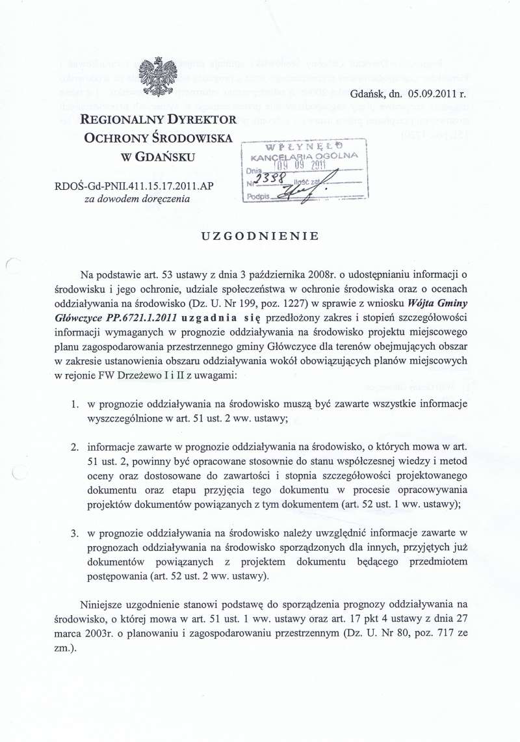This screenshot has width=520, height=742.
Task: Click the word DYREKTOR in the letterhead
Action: (x=201, y=120)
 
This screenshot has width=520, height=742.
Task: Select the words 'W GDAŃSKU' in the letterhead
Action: (x=159, y=157)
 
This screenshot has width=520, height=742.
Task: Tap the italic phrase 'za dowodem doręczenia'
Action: (x=138, y=199)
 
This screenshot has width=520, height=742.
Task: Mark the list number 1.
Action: (x=75, y=404)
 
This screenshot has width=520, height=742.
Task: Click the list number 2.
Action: (x=75, y=447)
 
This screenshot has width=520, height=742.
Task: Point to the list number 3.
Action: (x=75, y=533)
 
